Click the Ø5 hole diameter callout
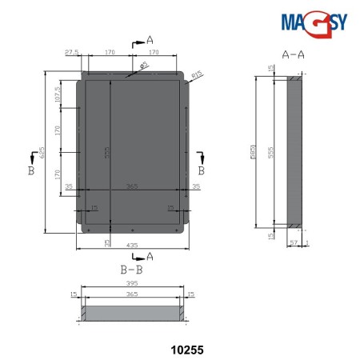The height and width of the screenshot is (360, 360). (x=146, y=66)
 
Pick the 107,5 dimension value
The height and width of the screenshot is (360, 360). (x=58, y=94)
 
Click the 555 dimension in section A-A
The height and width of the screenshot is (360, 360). (x=271, y=151)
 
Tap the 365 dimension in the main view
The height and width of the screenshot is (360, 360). (x=132, y=186)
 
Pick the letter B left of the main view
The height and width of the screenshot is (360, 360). (x=30, y=171)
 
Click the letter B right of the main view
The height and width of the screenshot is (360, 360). (x=202, y=171)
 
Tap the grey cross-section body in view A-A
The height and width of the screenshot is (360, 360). (x=294, y=152)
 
